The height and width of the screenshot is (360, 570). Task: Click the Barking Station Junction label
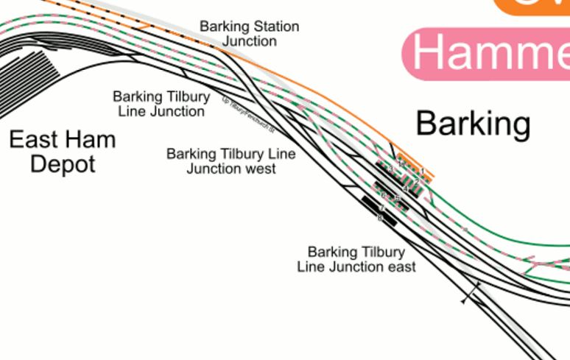coord(249,34)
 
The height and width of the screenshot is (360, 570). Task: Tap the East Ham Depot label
coord(62,151)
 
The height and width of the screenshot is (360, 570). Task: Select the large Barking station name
coord(473,124)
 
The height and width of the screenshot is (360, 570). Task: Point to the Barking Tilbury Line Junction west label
coord(231,161)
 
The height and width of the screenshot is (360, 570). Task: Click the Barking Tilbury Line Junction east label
coord(356,259)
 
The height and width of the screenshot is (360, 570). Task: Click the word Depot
coord(62,163)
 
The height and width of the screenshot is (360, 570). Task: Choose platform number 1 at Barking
coord(422,171)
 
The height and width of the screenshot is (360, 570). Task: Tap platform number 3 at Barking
coord(390,169)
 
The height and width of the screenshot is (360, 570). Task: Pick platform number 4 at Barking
coord(406,189)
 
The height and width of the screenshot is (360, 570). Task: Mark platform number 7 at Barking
coord(382,209)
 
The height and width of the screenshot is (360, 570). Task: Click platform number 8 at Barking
coord(380,218)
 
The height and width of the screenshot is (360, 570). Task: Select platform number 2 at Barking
coord(416,181)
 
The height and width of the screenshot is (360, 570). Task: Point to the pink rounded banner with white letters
coord(486,54)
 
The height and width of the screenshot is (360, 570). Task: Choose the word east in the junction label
coord(401,267)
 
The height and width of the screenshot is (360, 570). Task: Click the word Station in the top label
coord(274,27)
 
